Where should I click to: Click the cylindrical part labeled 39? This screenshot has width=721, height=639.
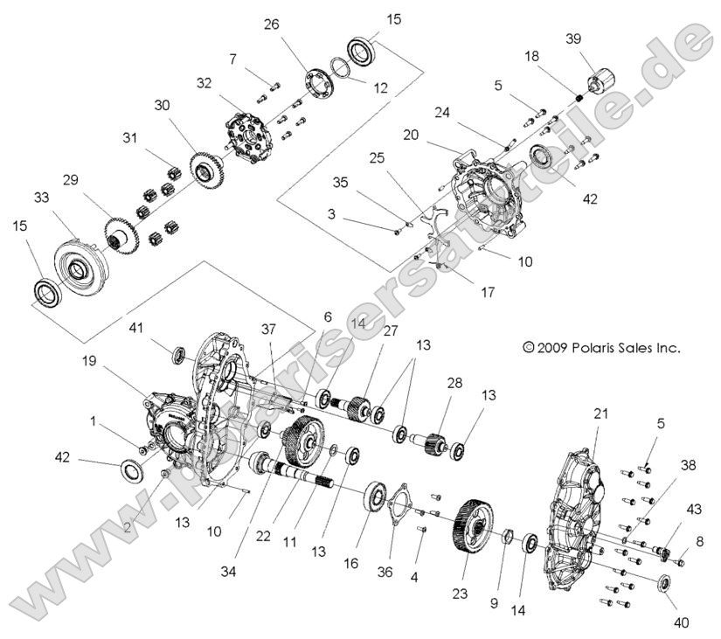[x=598, y=81]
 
